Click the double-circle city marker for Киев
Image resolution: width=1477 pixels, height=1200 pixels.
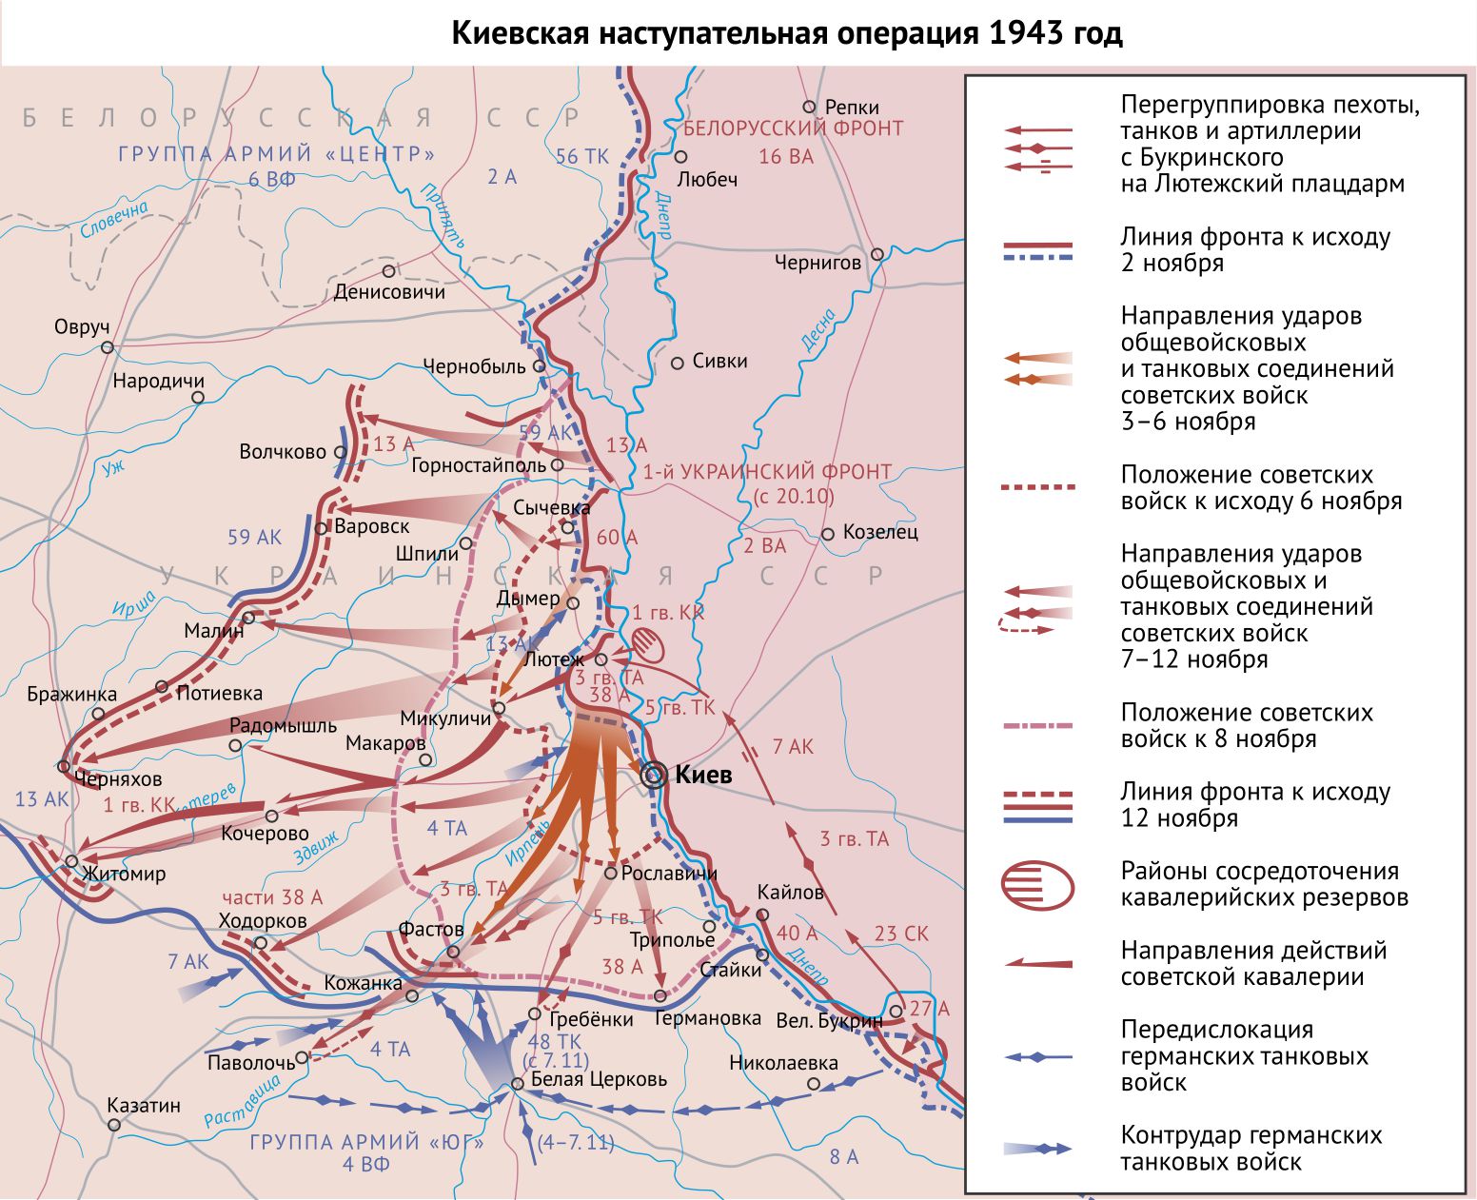click(x=654, y=775)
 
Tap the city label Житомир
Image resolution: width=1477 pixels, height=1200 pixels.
click(x=124, y=874)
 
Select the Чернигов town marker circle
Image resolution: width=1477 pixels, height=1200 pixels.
click(x=877, y=254)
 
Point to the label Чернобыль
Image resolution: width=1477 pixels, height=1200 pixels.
click(x=474, y=366)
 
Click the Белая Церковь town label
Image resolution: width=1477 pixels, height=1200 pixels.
click(x=599, y=1079)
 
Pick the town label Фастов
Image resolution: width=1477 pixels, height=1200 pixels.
click(x=431, y=929)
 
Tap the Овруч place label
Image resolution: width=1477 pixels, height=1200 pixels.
click(x=82, y=327)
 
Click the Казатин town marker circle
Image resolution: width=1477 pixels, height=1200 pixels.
click(x=114, y=1125)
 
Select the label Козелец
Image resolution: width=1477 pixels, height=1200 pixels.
click(x=880, y=533)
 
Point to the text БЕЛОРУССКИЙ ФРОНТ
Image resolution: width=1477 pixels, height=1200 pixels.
click(x=793, y=128)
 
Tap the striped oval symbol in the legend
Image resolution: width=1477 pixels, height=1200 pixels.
click(x=1037, y=885)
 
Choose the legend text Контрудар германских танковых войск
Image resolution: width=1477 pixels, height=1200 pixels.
click(x=1251, y=1148)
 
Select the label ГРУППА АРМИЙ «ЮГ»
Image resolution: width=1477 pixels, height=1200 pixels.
click(x=366, y=1142)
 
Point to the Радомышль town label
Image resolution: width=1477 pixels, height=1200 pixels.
click(x=283, y=725)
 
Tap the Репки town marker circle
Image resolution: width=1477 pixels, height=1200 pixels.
click(x=810, y=107)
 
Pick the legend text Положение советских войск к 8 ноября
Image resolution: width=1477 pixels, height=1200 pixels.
click(x=1247, y=725)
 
